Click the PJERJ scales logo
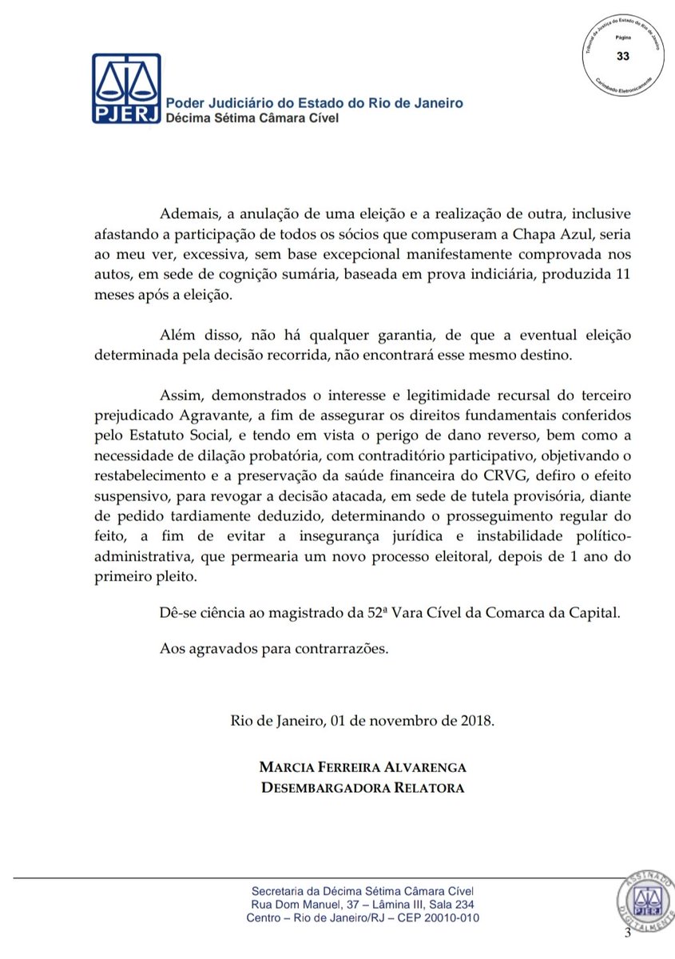(126, 88)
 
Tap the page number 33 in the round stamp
(623, 57)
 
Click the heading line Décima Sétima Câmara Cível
(252, 117)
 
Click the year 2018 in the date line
(477, 719)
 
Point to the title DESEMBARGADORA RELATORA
(362, 786)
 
